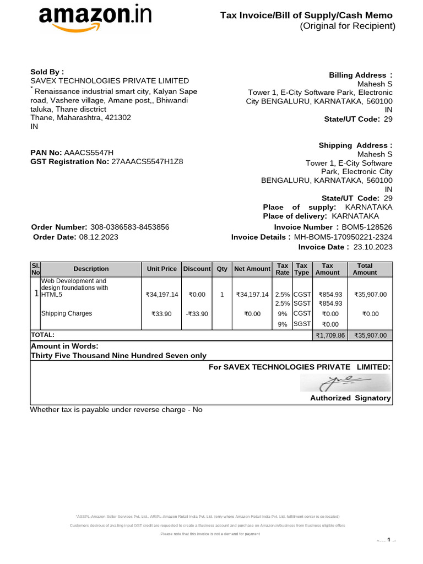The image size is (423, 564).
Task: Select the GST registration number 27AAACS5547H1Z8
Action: point(147,162)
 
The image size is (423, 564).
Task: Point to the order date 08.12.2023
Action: point(99,237)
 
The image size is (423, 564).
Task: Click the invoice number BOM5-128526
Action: point(367,227)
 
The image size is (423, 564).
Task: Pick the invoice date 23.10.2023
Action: point(373,247)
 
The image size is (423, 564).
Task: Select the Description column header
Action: point(91,269)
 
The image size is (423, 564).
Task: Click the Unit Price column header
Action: point(162,269)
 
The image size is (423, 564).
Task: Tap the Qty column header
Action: point(222,269)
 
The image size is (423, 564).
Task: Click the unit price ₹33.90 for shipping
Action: point(162,314)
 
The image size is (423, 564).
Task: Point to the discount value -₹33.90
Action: point(197,314)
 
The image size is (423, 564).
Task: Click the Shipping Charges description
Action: point(67,313)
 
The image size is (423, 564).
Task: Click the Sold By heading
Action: point(47,72)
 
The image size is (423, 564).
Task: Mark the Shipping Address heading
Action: point(355,145)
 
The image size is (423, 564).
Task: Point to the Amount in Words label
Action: point(64,346)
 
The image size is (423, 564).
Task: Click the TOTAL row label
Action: point(43,335)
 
